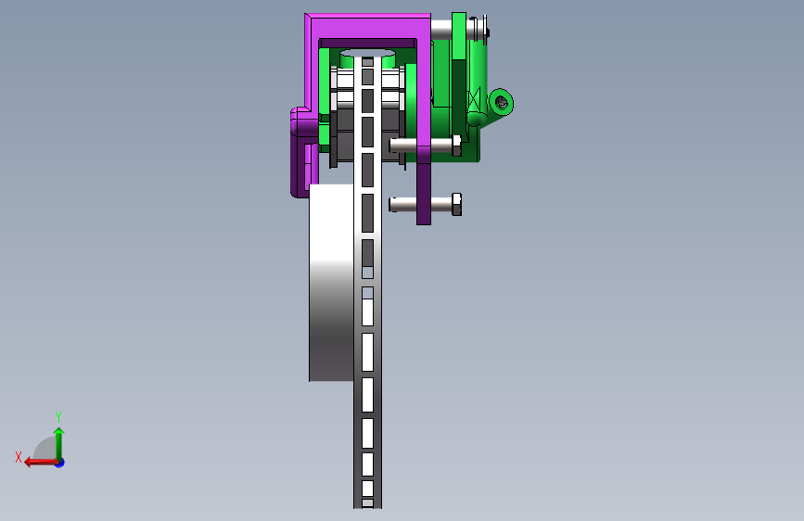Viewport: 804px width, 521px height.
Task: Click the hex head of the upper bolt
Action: tap(456, 146)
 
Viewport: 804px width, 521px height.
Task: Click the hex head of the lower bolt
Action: tap(456, 204)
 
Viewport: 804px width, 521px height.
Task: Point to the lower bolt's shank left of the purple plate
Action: tap(402, 204)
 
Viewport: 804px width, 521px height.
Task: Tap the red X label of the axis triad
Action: tap(19, 457)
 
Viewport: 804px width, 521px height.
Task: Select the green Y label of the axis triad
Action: tap(58, 416)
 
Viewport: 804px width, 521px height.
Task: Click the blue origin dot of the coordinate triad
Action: tap(60, 463)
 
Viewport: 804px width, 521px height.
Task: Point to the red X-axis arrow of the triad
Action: tap(41, 463)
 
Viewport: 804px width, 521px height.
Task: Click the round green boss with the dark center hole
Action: tap(501, 103)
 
